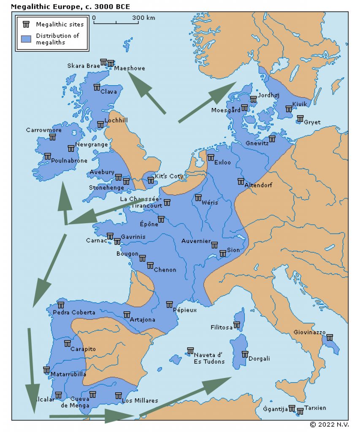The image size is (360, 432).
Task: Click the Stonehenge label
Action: (x=103, y=188)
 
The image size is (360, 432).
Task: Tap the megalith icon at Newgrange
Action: (x=71, y=148)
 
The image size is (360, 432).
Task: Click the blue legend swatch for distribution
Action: (x=26, y=38)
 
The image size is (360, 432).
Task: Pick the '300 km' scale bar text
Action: (x=143, y=18)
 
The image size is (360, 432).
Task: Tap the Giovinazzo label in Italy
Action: (x=309, y=332)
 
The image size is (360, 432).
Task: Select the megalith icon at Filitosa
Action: (x=237, y=325)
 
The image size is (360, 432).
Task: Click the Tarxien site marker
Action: (x=300, y=411)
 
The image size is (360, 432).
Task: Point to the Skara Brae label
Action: (x=84, y=66)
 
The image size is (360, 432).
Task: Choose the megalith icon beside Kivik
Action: (x=289, y=109)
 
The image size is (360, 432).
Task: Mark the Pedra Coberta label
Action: (x=74, y=313)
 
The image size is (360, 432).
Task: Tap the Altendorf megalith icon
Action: (x=241, y=181)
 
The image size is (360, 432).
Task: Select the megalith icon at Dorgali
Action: (x=245, y=354)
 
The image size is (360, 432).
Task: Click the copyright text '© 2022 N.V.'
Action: (x=329, y=424)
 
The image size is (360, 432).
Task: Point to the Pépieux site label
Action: (x=185, y=310)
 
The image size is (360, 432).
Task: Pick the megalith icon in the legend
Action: (x=26, y=24)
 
